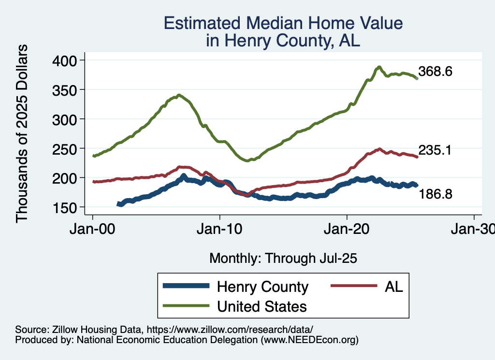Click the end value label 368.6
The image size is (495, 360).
click(x=435, y=72)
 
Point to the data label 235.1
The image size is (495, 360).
click(x=435, y=151)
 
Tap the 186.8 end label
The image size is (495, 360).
click(x=435, y=194)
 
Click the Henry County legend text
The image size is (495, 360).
click(x=262, y=287)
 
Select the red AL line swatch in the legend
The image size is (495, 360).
click(x=353, y=287)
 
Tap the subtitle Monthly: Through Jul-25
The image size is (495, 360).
click(x=283, y=259)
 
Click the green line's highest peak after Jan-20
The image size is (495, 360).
click(x=379, y=67)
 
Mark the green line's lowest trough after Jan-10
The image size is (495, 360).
click(x=247, y=160)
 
